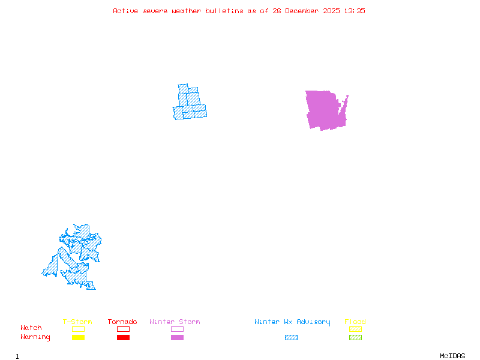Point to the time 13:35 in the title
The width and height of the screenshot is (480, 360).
point(353,11)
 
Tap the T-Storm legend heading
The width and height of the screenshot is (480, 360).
point(77,322)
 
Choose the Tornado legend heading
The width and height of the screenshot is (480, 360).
point(122,322)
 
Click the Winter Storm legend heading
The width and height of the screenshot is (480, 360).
point(175,322)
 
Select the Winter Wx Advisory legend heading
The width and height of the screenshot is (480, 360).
point(292,322)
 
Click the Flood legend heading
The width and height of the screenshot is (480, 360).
point(355,322)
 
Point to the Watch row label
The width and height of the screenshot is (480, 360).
point(31,328)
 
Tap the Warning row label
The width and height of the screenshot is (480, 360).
point(35,337)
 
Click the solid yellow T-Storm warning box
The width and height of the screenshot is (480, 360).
point(78,338)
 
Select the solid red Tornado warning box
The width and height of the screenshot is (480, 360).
point(123,338)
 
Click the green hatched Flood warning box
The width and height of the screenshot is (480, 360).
point(355,338)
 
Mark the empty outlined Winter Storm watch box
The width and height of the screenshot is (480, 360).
point(177,329)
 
